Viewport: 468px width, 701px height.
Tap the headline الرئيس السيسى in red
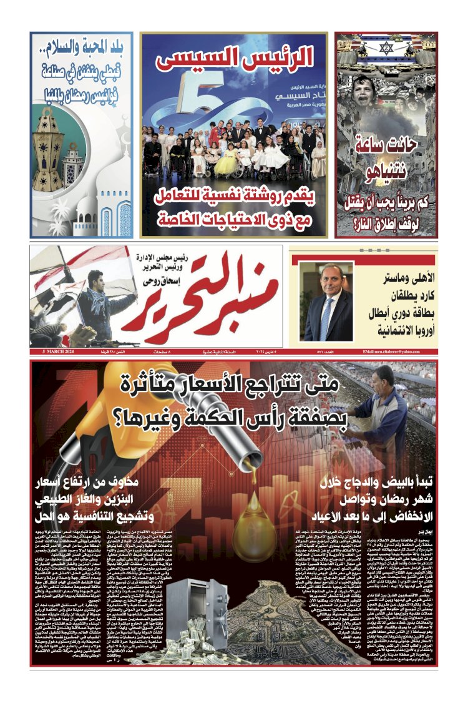coord(235,59)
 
